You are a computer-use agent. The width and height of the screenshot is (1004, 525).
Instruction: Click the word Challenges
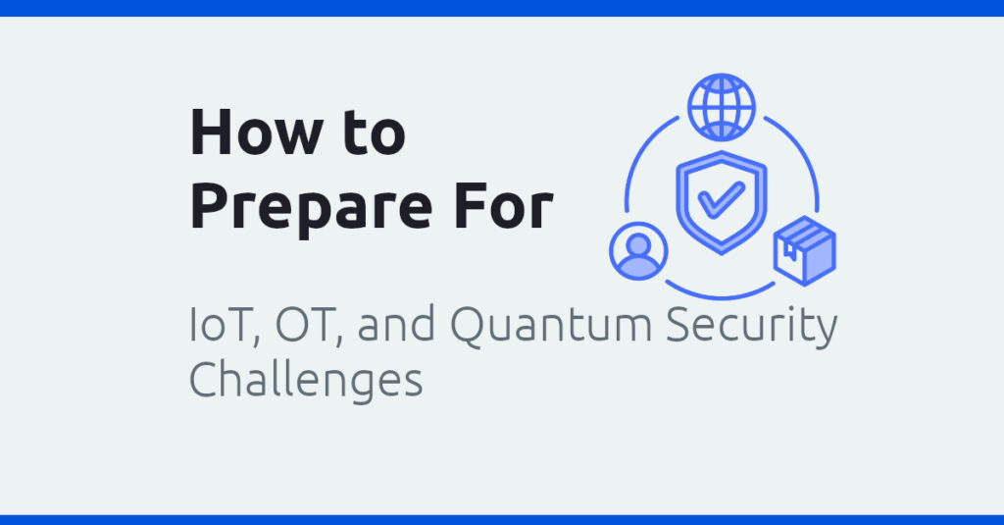coord(305,378)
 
